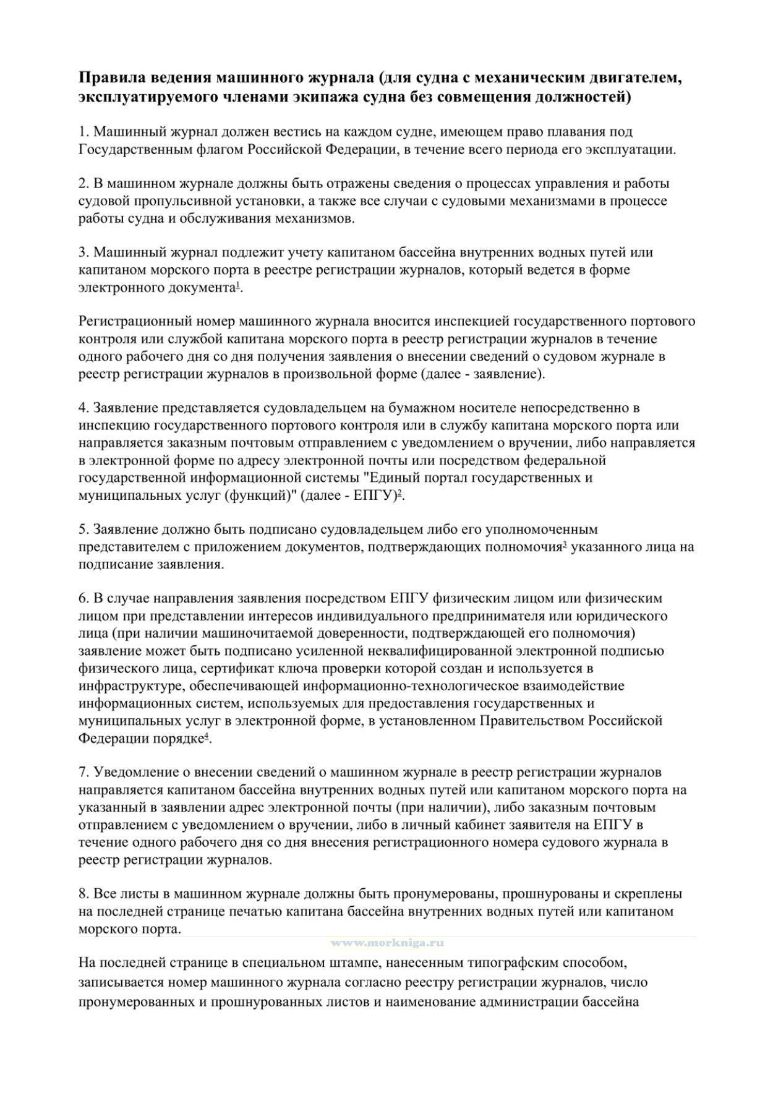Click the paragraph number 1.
[83, 132]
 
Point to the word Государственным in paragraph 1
[130, 149]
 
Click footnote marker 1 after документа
[238, 285]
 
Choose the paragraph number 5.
[83, 529]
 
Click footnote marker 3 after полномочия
[565, 544]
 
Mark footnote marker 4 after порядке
[207, 735]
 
